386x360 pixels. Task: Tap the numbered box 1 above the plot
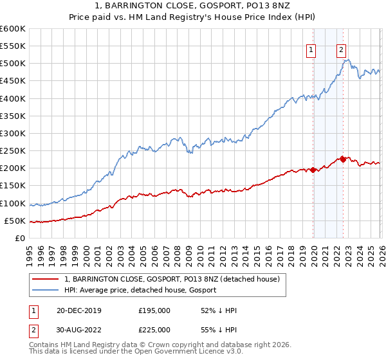point(311,50)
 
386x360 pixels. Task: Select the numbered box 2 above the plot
point(340,50)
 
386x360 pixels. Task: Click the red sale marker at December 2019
point(313,170)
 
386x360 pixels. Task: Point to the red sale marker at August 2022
point(343,159)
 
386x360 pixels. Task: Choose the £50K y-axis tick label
point(15,221)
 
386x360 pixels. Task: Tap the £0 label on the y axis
point(20,238)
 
